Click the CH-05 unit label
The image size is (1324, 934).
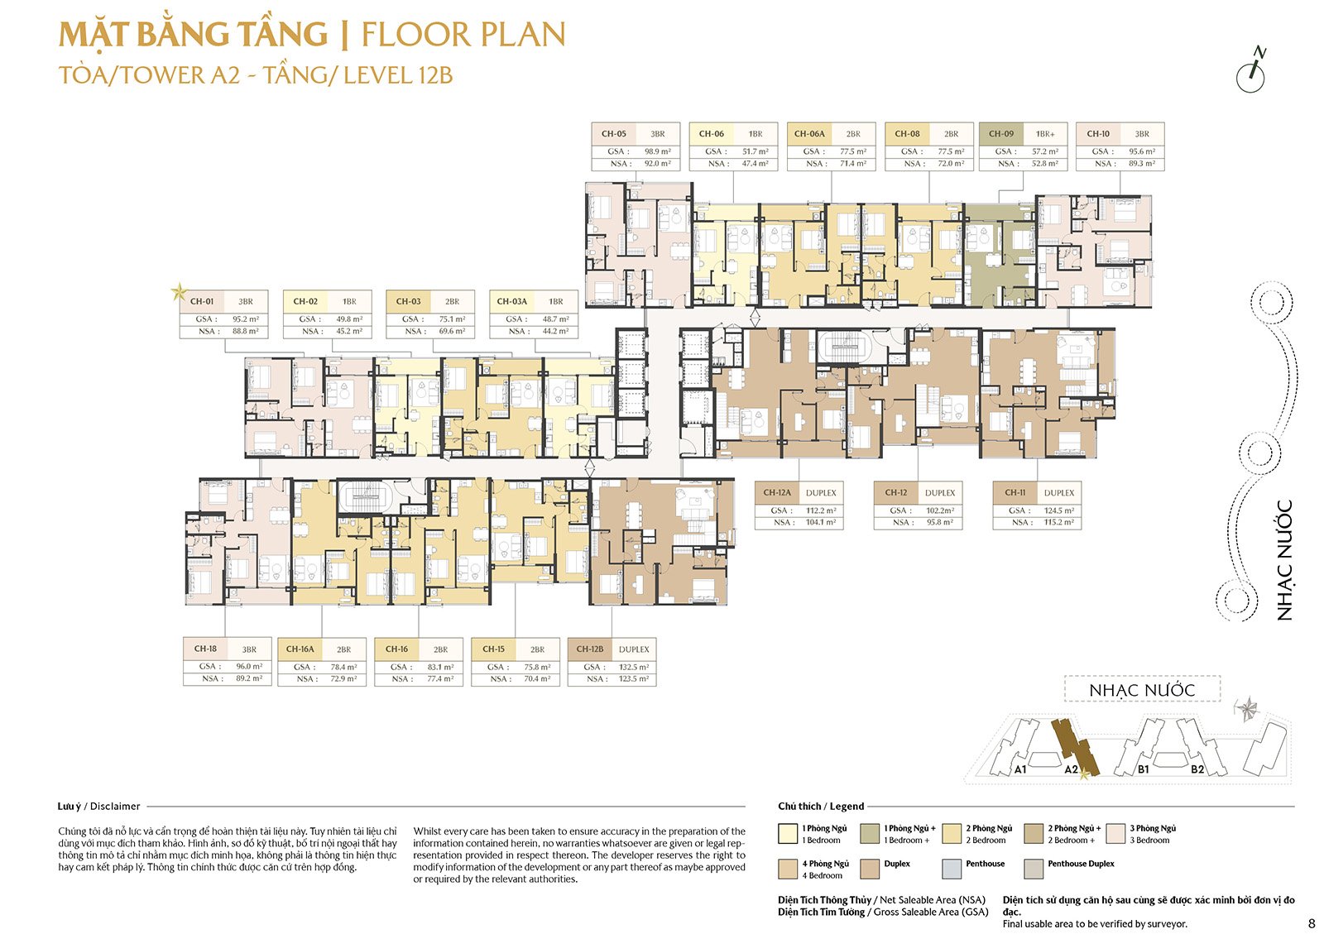(614, 134)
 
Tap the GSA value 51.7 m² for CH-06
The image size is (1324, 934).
(755, 151)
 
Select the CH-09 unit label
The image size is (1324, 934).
(1001, 134)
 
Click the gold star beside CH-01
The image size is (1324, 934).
(178, 291)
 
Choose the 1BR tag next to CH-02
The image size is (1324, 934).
(349, 302)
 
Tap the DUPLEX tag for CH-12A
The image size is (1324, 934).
(821, 493)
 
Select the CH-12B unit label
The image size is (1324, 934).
(590, 649)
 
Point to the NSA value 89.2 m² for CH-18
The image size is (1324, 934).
(249, 678)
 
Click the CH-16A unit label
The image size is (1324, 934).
(300, 649)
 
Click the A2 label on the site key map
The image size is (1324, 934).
(1071, 769)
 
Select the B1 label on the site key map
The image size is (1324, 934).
(1143, 769)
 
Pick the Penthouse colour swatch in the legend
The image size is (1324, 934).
(952, 869)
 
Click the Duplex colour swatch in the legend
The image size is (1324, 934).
(870, 869)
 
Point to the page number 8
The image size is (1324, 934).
(1312, 923)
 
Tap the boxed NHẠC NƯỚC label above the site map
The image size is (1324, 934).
(1142, 690)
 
